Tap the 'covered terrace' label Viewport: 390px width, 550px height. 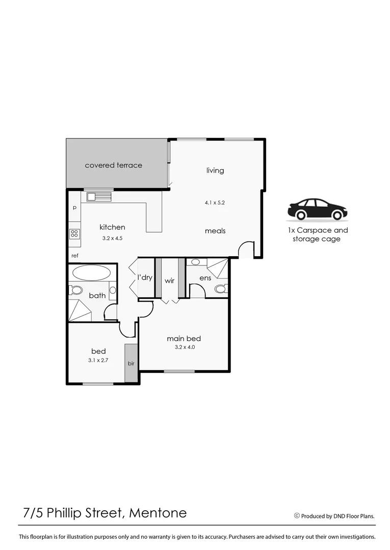113,165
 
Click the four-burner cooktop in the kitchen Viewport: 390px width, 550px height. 74,234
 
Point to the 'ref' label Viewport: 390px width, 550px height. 74,256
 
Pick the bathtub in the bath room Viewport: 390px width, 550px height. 91,272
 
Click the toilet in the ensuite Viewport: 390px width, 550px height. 221,289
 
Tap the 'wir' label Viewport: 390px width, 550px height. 170,281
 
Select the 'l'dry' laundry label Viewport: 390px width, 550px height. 145,278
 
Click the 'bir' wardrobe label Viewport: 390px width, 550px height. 131,364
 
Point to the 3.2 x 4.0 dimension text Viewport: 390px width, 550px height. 184,347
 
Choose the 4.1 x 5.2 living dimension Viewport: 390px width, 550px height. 215,202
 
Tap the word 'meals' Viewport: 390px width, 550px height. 215,231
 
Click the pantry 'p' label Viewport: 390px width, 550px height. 74,208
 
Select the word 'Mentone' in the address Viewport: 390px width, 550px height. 158,512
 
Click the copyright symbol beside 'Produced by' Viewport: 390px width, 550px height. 297,515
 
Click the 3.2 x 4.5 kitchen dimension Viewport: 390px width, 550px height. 112,237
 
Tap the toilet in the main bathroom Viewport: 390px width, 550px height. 76,290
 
